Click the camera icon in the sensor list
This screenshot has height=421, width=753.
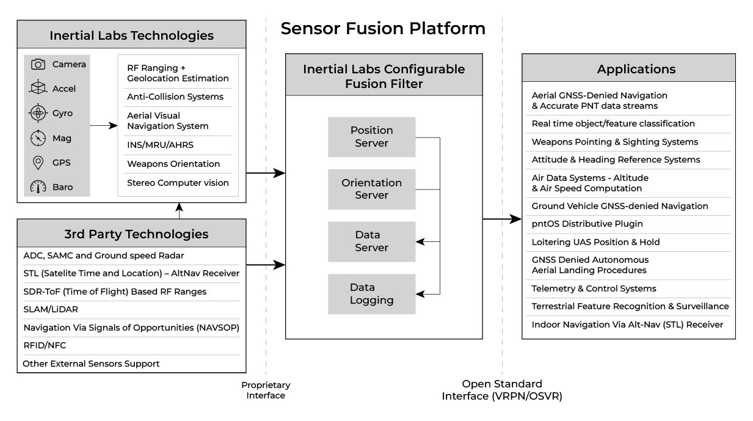click(38, 64)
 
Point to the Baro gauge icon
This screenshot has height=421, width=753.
click(38, 187)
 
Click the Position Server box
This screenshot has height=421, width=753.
click(371, 137)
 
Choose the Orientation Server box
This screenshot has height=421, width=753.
click(371, 189)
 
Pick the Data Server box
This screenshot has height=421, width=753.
click(371, 241)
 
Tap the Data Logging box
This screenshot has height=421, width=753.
click(371, 294)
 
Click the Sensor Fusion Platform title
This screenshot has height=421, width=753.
click(383, 29)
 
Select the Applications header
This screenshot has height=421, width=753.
click(636, 69)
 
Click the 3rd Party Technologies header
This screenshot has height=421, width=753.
click(132, 234)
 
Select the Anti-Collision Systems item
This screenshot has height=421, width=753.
click(175, 97)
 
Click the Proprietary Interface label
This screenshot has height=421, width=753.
click(266, 390)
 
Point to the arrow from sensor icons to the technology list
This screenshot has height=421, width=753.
click(104, 126)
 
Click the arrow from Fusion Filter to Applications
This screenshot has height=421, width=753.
click(502, 218)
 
